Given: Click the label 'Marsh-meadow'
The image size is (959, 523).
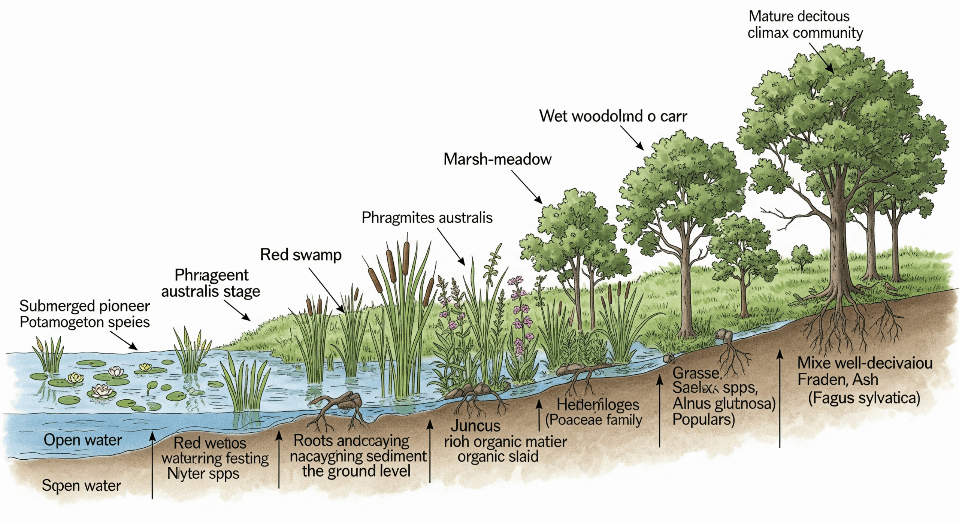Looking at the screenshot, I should (x=497, y=159).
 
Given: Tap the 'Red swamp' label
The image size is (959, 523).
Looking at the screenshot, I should (x=301, y=255).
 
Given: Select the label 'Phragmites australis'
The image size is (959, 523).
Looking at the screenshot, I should (x=427, y=218).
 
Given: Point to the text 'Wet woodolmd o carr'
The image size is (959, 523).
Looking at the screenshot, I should (x=613, y=116).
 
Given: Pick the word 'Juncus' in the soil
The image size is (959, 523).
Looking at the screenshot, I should (x=475, y=426).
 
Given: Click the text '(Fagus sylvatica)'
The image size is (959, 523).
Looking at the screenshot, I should (x=864, y=398).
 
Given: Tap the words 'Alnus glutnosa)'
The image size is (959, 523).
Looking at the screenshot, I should (x=724, y=403).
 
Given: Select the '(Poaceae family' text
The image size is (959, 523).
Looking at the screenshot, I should (x=593, y=420).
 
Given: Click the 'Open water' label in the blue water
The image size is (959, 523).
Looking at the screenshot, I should (x=83, y=440).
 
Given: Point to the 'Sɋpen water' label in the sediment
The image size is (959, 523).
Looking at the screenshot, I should (x=81, y=486).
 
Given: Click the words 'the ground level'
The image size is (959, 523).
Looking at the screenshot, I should (x=356, y=471).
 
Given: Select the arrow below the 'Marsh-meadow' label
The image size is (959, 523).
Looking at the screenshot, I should (x=527, y=187).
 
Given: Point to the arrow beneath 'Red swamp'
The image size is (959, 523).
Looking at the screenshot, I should (x=326, y=290).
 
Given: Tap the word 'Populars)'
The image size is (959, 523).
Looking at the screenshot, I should (x=704, y=420).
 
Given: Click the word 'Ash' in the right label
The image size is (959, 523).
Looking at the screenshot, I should (x=866, y=380).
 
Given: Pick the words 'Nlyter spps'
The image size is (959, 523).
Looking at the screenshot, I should (x=203, y=474).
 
